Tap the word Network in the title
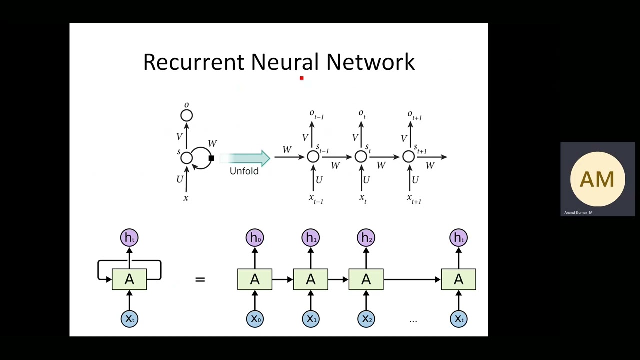[370, 62]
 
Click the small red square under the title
[302, 78]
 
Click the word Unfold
[244, 171]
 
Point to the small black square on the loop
[211, 158]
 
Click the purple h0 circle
[255, 238]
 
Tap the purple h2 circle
[366, 238]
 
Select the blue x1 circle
[311, 319]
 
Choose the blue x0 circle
[255, 319]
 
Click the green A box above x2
[366, 279]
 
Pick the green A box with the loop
[129, 279]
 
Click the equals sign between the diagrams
[200, 279]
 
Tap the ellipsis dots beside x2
[413, 320]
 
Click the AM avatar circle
[597, 179]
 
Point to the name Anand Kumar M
[578, 213]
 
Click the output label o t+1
[414, 115]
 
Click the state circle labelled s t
[361, 157]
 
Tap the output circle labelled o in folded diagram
[186, 116]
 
